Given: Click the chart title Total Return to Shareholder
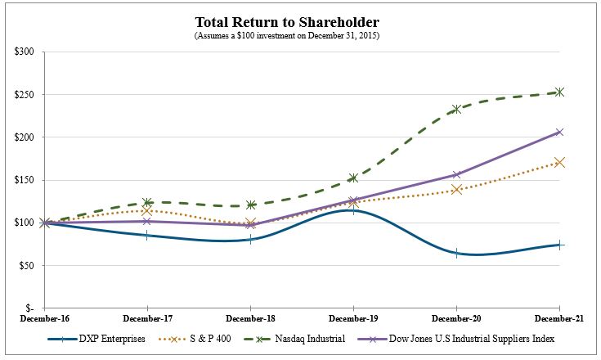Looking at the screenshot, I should tap(300, 21).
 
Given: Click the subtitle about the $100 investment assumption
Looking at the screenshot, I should tap(300, 36).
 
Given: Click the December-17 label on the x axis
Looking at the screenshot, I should tap(147, 317).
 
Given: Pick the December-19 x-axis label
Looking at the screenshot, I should tap(353, 317).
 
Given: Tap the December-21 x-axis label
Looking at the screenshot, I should tap(559, 317).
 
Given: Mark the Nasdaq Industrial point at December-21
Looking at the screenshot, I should tap(559, 92).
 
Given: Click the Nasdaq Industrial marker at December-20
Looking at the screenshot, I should tap(456, 109).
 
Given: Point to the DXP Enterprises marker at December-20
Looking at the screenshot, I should tap(456, 253).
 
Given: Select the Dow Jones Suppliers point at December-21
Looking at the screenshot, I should tap(559, 132).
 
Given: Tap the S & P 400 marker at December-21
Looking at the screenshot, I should tap(559, 162).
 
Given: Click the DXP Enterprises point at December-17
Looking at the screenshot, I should tap(147, 235).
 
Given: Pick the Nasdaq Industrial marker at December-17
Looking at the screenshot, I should tap(147, 202).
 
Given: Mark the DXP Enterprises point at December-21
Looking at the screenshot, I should tap(559, 245).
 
